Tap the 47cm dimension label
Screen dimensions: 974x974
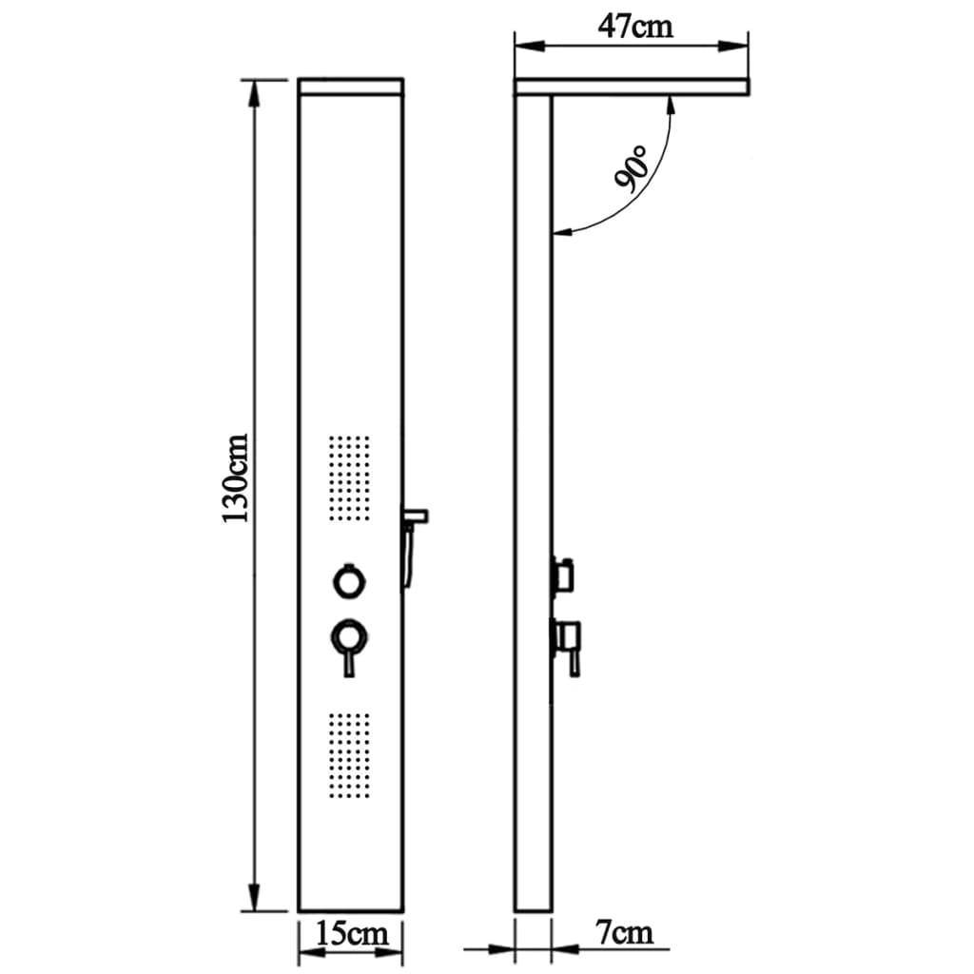click(634, 25)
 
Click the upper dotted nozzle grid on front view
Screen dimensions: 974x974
click(349, 477)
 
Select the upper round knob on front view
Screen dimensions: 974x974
click(349, 579)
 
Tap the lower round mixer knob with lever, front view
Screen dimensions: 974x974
click(349, 635)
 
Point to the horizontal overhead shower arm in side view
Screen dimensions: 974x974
click(647, 88)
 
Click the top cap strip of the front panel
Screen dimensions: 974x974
click(351, 86)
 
